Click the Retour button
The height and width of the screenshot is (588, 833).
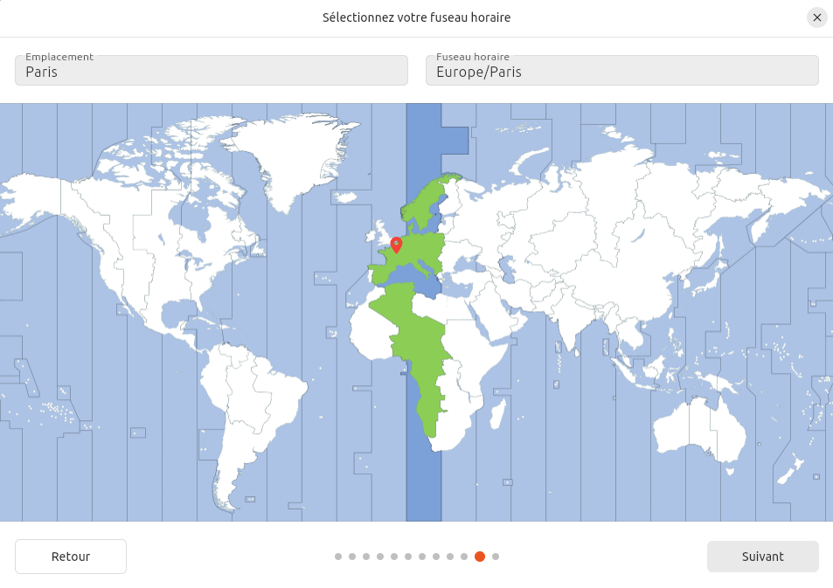coord(71,557)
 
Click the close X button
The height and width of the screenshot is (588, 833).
coord(816,17)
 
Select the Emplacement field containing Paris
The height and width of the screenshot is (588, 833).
coord(212,71)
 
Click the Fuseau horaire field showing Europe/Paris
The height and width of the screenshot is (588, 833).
coord(621,71)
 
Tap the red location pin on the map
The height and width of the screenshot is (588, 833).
coord(396,245)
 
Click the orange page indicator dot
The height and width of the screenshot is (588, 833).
coord(480,557)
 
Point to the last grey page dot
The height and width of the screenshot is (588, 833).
coord(496,557)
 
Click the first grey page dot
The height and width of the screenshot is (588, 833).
coord(338,557)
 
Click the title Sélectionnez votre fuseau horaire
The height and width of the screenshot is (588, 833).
coord(416,17)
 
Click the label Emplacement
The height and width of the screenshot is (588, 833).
coord(59,57)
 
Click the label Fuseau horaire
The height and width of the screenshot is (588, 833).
coord(473,57)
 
